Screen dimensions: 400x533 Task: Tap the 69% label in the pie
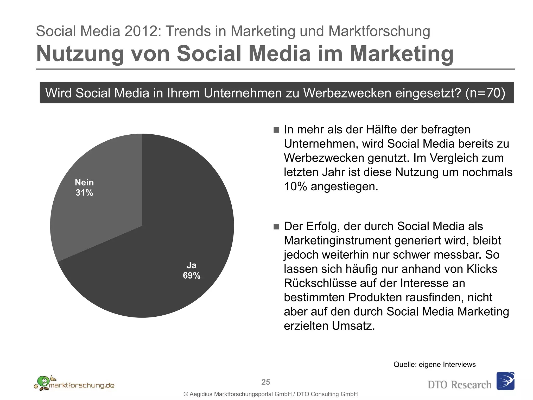point(192,276)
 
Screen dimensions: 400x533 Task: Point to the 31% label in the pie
point(84,193)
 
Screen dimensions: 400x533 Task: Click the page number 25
point(266,382)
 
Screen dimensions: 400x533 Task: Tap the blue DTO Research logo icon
point(505,381)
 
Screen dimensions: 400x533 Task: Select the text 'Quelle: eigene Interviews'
point(434,364)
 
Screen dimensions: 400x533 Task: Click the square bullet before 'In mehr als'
point(276,130)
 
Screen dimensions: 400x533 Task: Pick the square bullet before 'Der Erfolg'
point(276,227)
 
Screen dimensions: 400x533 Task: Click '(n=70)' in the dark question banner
point(485,93)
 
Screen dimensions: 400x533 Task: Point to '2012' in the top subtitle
point(140,31)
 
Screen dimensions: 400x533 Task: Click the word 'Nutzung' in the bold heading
point(80,54)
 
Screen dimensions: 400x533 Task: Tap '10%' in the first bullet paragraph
point(295,186)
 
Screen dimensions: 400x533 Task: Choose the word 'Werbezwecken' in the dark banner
point(347,93)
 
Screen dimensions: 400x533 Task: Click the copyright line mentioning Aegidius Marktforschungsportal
point(271,394)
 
